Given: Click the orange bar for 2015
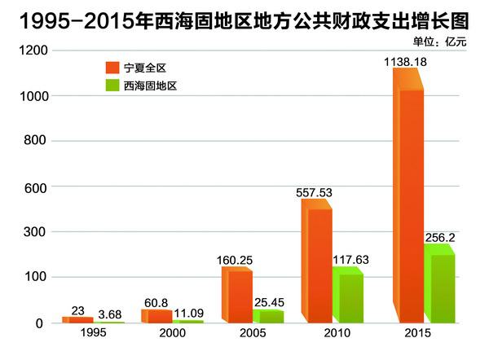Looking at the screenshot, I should click(410, 204).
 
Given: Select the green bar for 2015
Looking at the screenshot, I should click(440, 285).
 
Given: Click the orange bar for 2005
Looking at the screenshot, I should click(238, 296).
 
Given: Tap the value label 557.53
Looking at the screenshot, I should click(314, 192).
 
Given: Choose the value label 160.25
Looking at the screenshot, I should click(235, 261).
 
